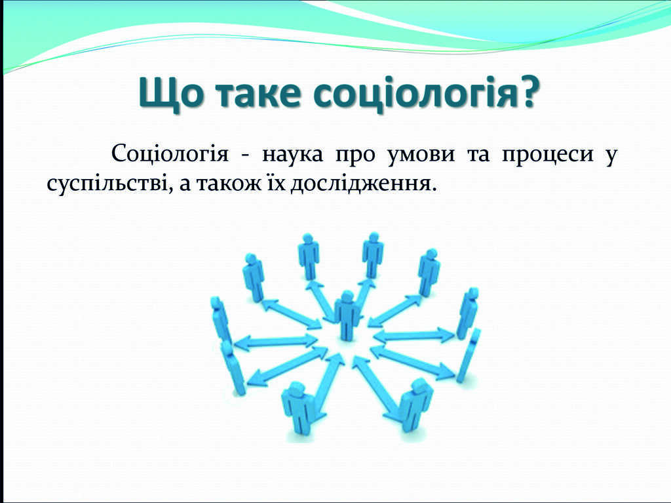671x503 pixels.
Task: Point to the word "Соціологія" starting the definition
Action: [170, 155]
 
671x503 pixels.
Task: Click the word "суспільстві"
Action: [107, 184]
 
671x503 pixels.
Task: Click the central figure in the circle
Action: [347, 315]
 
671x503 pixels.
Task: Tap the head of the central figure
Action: [347, 296]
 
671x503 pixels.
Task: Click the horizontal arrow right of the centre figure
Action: [414, 336]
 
